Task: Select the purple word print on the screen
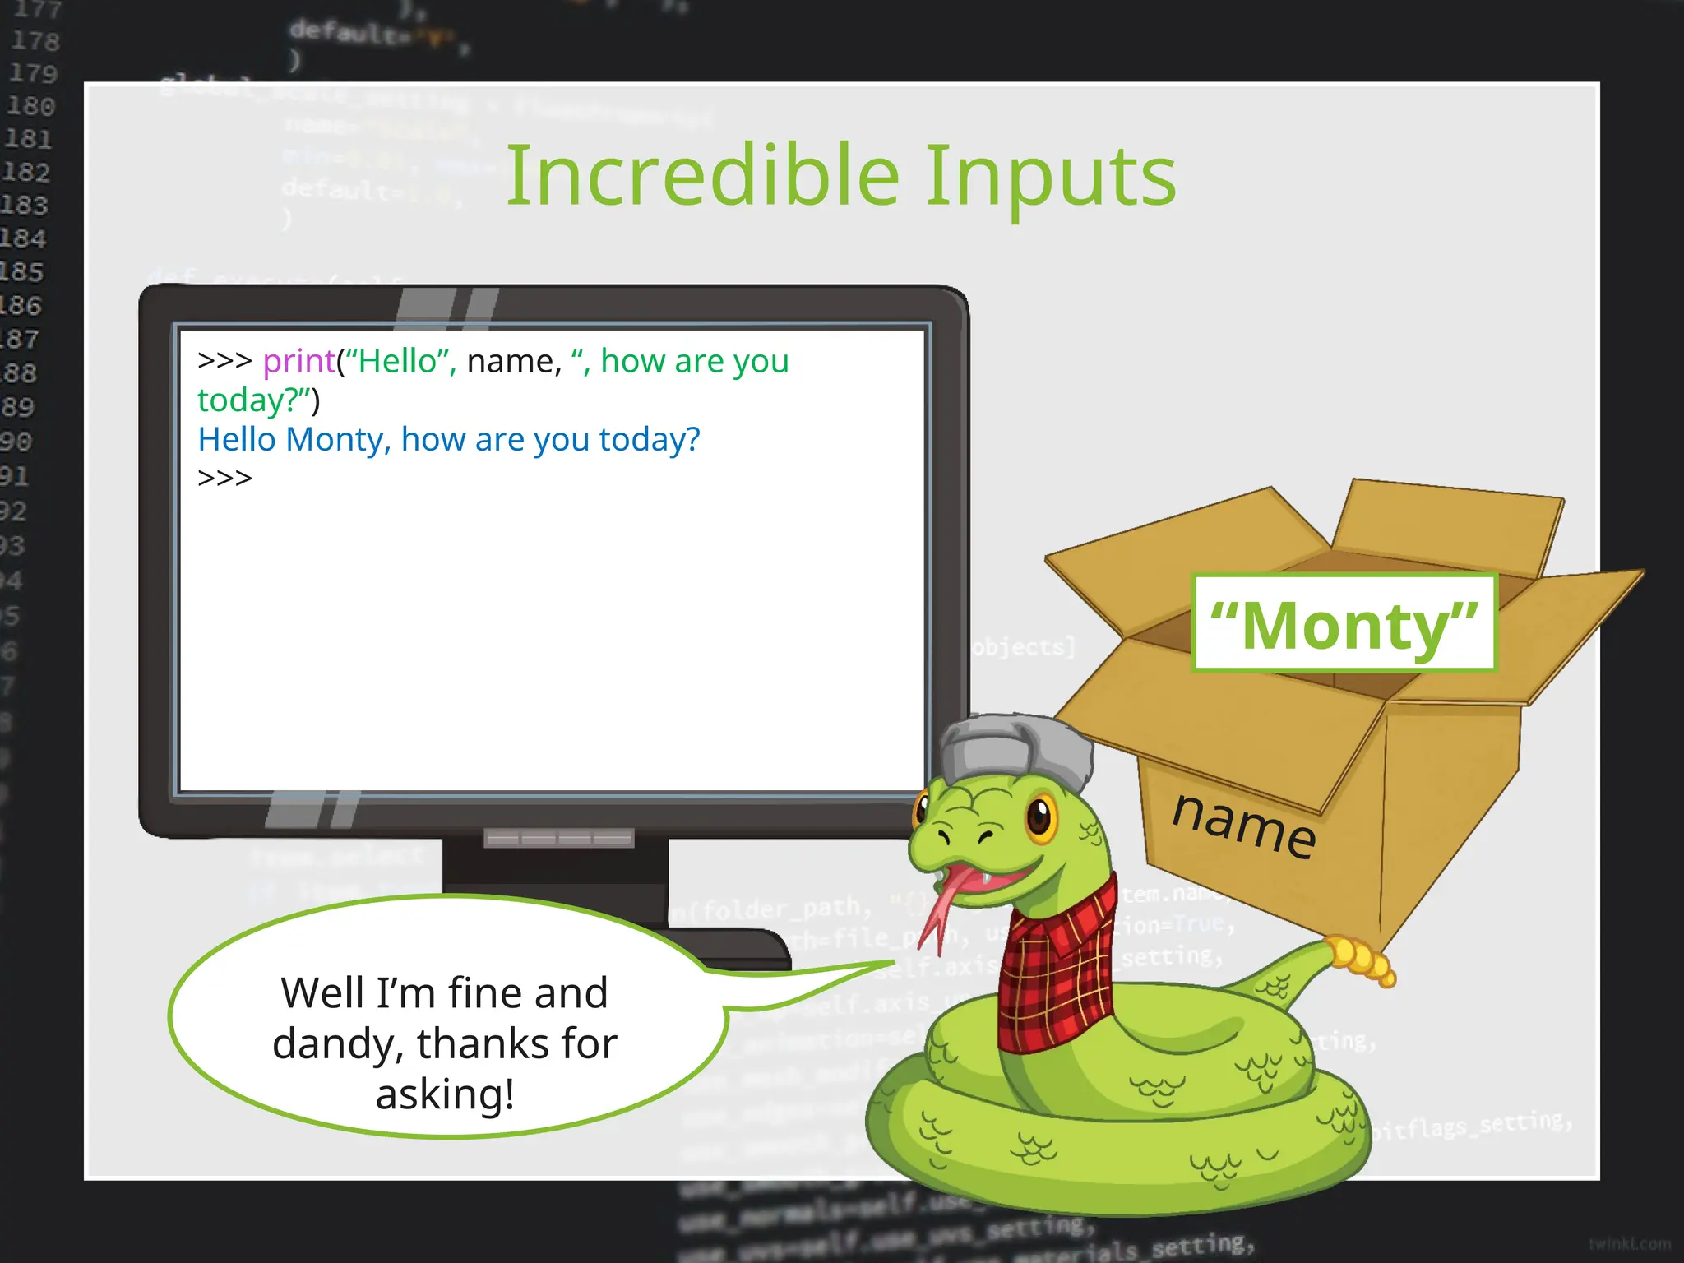tap(298, 362)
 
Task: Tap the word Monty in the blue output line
tap(335, 440)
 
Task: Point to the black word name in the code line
tap(512, 362)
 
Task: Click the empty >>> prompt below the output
tap(224, 478)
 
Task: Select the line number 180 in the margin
tap(31, 106)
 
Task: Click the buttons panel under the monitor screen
tap(558, 839)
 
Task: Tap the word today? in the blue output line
tap(650, 440)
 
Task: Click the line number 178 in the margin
tap(35, 40)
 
